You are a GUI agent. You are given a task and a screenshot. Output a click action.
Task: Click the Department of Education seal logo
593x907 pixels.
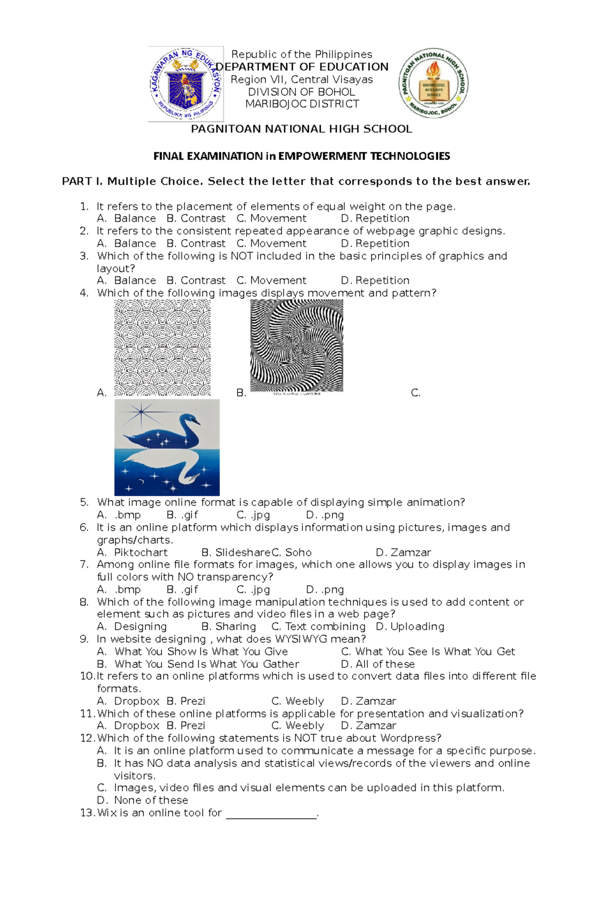(x=186, y=84)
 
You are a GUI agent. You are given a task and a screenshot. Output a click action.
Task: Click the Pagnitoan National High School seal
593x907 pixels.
(x=433, y=83)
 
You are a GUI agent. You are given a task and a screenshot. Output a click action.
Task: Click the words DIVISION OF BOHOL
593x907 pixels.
(x=301, y=92)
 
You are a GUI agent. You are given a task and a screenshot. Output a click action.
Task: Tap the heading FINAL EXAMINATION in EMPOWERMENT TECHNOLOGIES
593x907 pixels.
(x=301, y=156)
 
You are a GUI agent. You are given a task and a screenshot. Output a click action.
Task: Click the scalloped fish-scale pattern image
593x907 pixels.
(x=163, y=347)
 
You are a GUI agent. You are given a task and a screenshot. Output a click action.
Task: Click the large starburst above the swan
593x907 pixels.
(x=141, y=411)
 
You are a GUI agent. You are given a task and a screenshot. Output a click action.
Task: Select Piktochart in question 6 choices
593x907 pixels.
(x=140, y=553)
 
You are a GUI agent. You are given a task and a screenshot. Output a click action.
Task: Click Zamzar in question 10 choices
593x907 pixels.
(x=376, y=701)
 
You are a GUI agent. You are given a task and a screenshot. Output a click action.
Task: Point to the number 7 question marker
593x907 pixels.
(x=84, y=564)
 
